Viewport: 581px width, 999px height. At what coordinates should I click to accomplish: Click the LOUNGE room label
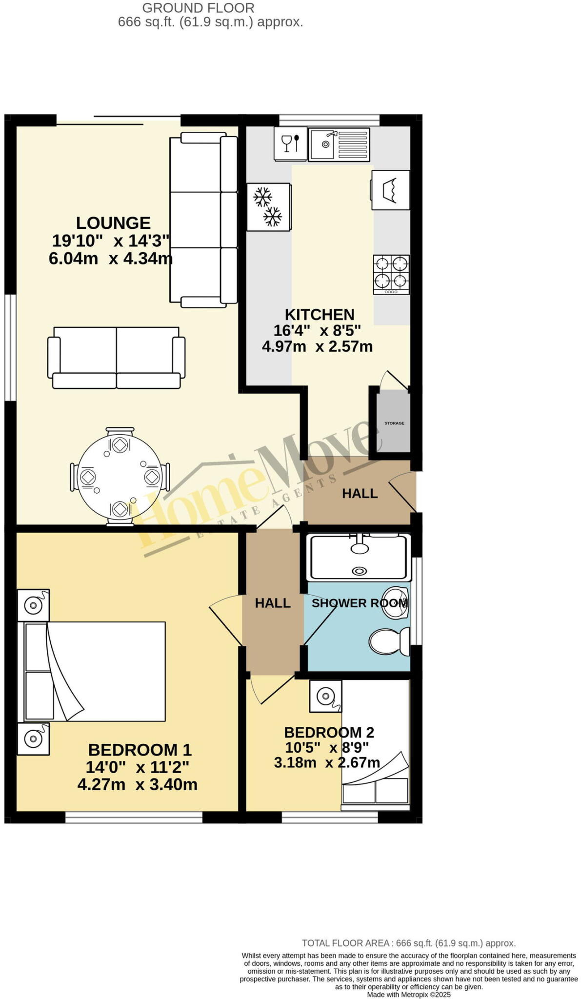[113, 223]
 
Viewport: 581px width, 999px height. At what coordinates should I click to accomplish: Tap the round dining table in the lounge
[120, 477]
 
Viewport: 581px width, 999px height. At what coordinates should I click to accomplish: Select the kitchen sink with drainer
[339, 144]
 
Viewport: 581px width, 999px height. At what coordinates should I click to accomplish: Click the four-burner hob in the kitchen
[391, 275]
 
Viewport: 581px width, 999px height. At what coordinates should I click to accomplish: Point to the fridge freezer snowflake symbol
[268, 206]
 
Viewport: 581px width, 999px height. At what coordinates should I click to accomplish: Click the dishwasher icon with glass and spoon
[290, 143]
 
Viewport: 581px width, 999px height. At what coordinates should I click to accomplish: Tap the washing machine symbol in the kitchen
[391, 190]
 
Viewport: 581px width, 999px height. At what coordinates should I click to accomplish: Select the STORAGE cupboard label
[394, 423]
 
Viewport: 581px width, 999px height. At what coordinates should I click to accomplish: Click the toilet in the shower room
[389, 641]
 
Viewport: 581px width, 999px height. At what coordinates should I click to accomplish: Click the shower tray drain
[360, 571]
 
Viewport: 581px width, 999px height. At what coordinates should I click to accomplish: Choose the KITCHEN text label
[320, 315]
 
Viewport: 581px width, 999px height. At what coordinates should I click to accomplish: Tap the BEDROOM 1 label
[140, 749]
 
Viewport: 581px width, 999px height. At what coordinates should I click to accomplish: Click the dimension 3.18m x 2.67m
[326, 762]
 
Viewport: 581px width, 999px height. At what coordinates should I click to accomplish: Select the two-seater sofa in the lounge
[116, 358]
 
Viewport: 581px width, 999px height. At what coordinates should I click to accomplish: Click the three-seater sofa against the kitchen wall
[203, 220]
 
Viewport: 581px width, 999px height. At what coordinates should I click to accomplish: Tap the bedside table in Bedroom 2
[325, 696]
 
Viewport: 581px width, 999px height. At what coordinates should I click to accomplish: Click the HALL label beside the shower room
[273, 603]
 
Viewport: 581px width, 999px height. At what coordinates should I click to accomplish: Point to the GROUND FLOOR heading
[198, 8]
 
